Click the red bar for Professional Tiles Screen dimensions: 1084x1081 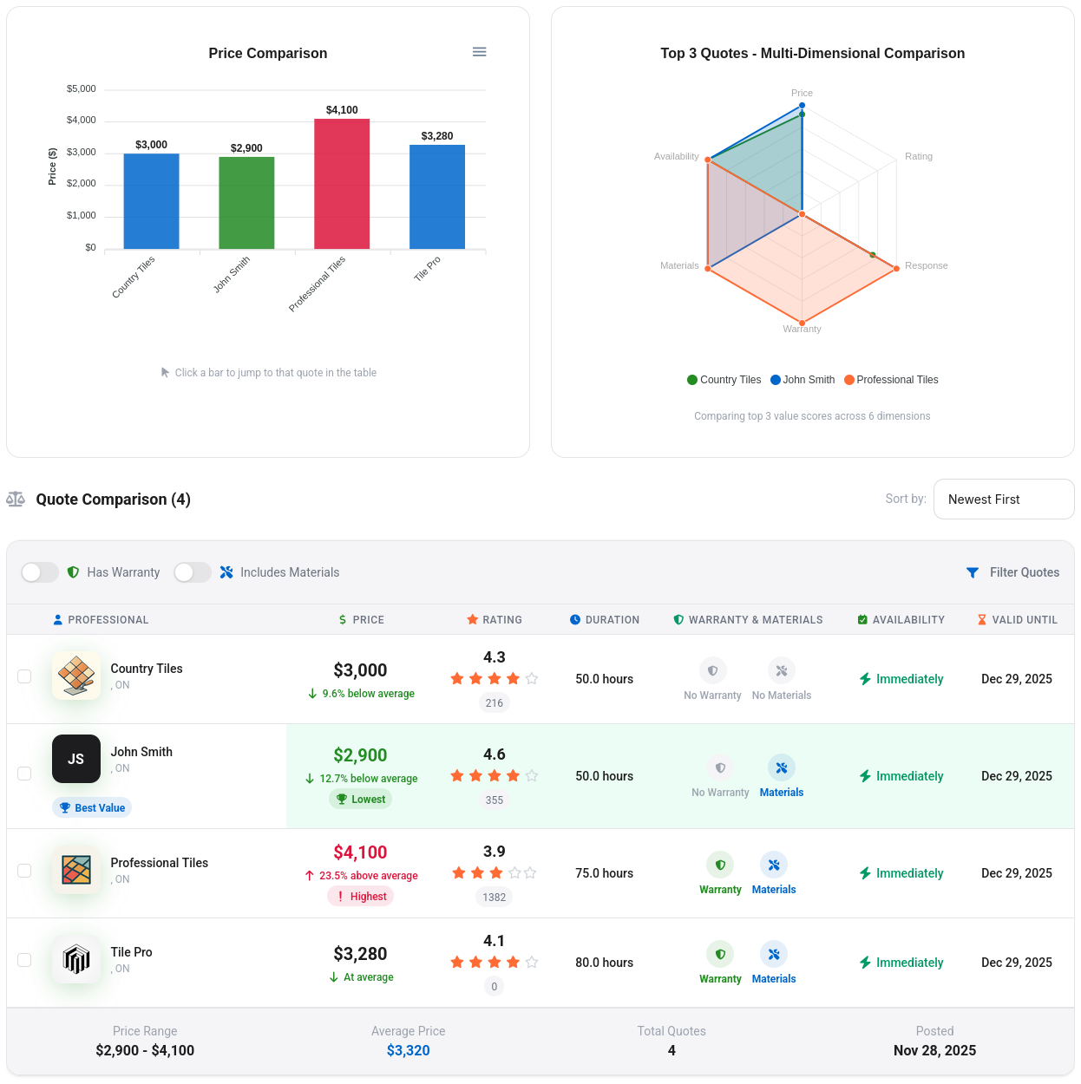[342, 184]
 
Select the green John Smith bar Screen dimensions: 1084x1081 [246, 203]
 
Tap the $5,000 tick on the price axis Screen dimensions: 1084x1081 [82, 89]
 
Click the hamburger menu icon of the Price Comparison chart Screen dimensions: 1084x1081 [479, 52]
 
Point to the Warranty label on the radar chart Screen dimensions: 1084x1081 [802, 330]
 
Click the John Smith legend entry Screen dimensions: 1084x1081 [803, 380]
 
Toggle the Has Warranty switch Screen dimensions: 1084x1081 [40, 572]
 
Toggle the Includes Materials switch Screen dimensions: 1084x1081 [193, 572]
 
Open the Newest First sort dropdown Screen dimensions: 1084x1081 [1003, 500]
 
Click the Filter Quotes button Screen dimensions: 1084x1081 [1012, 572]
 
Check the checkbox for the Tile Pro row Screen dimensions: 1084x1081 [24, 960]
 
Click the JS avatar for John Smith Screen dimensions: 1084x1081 [76, 759]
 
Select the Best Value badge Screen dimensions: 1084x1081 [92, 808]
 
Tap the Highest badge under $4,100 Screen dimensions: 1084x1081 [361, 897]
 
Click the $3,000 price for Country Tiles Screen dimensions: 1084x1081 [360, 670]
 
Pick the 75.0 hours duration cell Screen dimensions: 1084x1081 [604, 873]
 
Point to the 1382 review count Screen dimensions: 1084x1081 [494, 898]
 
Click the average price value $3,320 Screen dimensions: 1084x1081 [408, 1051]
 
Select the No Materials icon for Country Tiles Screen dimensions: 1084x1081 [781, 671]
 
